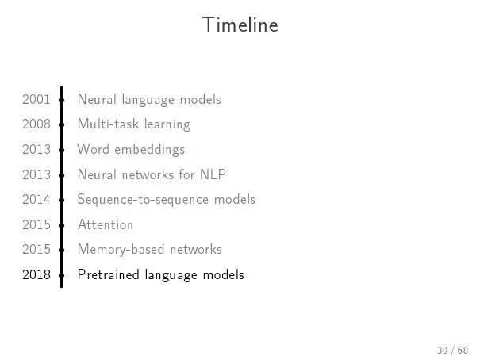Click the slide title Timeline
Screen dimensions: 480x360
[240, 25]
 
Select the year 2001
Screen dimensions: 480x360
[36, 99]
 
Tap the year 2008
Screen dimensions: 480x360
[36, 124]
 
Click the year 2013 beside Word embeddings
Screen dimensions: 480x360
[36, 149]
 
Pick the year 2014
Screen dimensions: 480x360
[36, 199]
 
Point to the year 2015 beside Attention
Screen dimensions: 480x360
[36, 224]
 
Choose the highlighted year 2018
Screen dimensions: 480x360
[36, 274]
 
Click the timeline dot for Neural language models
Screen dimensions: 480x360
[62, 100]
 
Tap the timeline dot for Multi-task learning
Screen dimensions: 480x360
[62, 124]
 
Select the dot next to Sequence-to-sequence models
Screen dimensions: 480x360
[62, 200]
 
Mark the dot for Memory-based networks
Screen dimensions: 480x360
[62, 250]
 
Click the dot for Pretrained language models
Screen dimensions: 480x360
[62, 275]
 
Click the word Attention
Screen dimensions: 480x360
[106, 224]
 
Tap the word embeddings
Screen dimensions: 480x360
[150, 150]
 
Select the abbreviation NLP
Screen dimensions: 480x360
[213, 174]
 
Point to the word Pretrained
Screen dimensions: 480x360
[109, 274]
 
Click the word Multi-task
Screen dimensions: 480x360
[108, 124]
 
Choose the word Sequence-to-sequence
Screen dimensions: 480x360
[143, 200]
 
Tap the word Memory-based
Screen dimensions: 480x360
[121, 250]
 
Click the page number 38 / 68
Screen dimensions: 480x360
[453, 350]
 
